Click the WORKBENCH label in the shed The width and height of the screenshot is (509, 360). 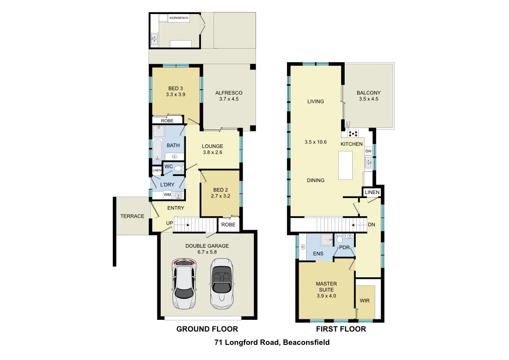pos(179,18)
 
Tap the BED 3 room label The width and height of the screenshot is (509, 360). pos(175,91)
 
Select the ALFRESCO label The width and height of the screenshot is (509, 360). pos(228,96)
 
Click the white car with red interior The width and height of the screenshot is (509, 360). pos(183,283)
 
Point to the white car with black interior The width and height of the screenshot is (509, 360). pos(221,283)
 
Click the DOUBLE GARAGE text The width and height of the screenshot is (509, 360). pos(207,249)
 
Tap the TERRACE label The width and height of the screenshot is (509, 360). pos(132,217)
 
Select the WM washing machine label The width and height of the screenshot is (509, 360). pos(167,195)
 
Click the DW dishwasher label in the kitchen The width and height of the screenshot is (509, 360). pos(368,151)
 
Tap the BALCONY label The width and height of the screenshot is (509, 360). pos(368,96)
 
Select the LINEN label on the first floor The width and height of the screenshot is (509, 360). pos(372,193)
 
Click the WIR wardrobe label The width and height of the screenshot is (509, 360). pos(364,301)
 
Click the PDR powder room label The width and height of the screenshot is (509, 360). pos(344,248)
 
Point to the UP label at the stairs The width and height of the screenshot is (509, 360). pos(170,224)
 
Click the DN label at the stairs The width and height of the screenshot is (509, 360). pos(371,225)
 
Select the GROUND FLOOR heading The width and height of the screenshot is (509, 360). pos(207,329)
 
